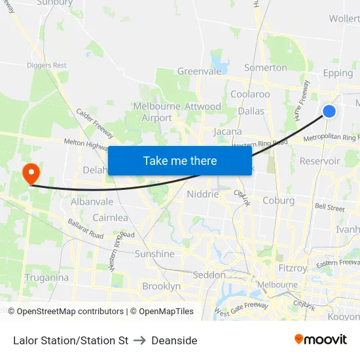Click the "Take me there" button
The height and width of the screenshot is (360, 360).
click(180, 160)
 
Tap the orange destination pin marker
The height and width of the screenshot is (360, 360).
click(31, 173)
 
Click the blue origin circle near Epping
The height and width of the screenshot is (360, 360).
click(329, 111)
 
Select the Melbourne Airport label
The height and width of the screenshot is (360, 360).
click(157, 112)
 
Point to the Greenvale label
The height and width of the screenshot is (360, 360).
click(200, 71)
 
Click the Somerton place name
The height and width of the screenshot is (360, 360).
click(265, 67)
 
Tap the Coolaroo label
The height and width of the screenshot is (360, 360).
click(250, 94)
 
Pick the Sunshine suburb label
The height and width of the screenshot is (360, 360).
click(154, 254)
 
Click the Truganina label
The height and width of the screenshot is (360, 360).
click(46, 278)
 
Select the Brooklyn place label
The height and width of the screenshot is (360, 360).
click(161, 286)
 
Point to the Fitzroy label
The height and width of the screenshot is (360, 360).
click(292, 268)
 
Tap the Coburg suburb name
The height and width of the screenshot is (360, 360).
click(278, 201)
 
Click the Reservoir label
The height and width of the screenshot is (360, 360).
click(319, 161)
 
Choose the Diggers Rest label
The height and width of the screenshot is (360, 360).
click(46, 65)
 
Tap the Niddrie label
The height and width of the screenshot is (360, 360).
click(202, 194)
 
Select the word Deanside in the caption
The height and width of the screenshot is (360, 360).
click(174, 340)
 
